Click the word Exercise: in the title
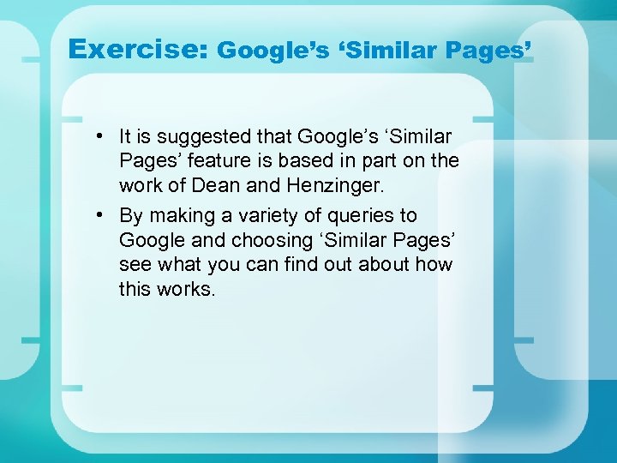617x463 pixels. point(137,49)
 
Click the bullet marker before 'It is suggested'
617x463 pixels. point(100,136)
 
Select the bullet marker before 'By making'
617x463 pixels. point(100,214)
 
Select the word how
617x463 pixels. point(435,264)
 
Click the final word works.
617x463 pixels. point(185,289)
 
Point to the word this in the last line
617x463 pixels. point(135,289)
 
